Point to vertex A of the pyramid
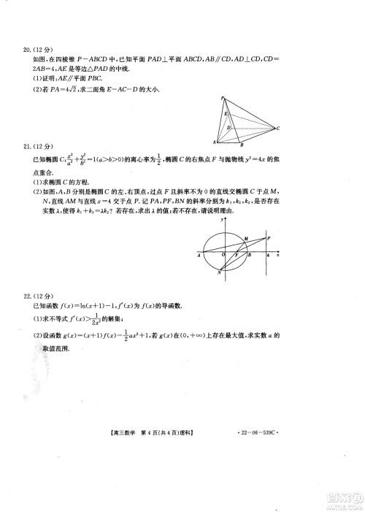pos(215,141)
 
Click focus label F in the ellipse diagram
pos(236,257)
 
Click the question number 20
pos(29,50)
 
